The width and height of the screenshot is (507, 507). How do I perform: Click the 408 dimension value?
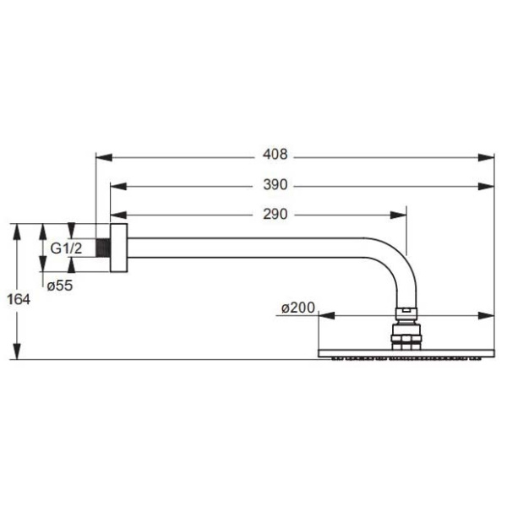point(275,155)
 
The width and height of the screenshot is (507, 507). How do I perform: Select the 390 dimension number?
point(275,185)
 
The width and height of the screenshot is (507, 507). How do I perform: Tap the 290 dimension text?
point(275,215)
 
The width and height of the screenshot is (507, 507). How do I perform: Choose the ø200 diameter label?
point(297,309)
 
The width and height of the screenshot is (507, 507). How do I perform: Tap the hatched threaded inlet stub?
point(104,249)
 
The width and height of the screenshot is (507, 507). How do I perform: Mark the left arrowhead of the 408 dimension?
point(102,156)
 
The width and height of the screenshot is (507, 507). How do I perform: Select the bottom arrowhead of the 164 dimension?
point(16,354)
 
